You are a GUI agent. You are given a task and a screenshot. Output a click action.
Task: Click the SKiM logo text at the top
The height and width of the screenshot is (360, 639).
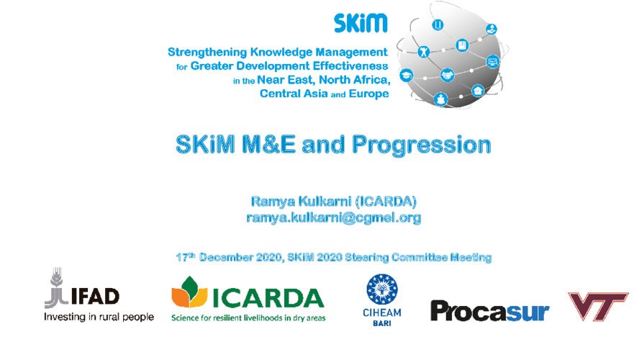tap(361, 23)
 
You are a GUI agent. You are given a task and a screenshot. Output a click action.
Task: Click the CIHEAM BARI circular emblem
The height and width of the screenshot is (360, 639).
tap(382, 289)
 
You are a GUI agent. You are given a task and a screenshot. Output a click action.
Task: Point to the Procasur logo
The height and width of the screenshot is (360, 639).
tap(490, 312)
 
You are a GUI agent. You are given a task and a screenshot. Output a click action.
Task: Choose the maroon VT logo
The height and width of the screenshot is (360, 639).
tap(598, 305)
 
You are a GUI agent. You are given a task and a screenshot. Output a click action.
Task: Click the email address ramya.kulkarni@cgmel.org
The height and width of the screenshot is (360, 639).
tap(333, 218)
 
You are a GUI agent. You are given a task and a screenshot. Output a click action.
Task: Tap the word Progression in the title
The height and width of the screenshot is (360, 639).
tap(422, 145)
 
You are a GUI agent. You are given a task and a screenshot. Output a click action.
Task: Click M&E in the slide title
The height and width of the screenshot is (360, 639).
tap(268, 144)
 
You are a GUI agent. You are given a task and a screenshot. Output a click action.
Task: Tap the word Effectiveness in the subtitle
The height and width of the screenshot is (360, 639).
tap(354, 66)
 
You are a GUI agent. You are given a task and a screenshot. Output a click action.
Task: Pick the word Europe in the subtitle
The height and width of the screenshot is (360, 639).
tap(369, 94)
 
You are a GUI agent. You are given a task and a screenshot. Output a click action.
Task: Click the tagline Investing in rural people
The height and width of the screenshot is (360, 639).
tap(99, 318)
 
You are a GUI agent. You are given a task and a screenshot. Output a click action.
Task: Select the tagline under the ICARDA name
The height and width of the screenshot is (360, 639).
tap(248, 318)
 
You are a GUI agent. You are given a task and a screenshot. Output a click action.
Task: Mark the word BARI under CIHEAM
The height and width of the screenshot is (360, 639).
tap(382, 323)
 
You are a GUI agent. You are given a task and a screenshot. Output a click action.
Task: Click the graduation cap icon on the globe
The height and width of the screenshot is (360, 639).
tap(407, 76)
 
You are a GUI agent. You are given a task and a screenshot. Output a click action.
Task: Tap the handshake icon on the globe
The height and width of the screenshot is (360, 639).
tap(447, 76)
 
